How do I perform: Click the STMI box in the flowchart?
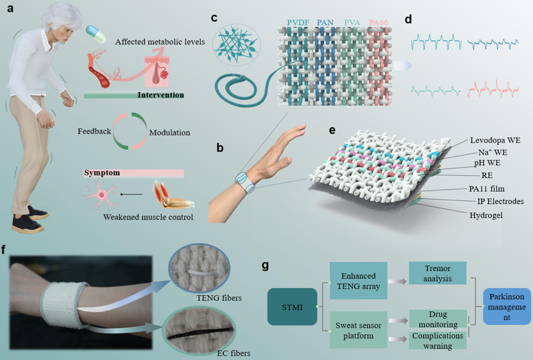[x=292, y=306]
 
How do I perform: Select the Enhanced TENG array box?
[x=358, y=280]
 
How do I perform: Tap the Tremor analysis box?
[x=437, y=273]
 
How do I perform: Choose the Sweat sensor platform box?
[x=358, y=330]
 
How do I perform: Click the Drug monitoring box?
[x=438, y=319]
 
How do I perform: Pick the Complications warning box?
[x=438, y=340]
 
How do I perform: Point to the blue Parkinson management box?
[x=507, y=306]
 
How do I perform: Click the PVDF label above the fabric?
[x=298, y=22]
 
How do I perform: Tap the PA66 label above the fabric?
[x=378, y=22]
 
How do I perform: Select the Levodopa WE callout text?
[x=495, y=140]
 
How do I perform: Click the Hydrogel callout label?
[x=486, y=215]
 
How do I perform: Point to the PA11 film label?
[x=487, y=189]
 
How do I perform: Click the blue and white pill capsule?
[x=96, y=34]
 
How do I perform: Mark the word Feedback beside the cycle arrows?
[x=94, y=131]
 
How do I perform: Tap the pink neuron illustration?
[x=101, y=195]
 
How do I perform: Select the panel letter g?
[x=266, y=265]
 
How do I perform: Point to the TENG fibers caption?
[x=219, y=298]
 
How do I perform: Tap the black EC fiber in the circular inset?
[x=200, y=333]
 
